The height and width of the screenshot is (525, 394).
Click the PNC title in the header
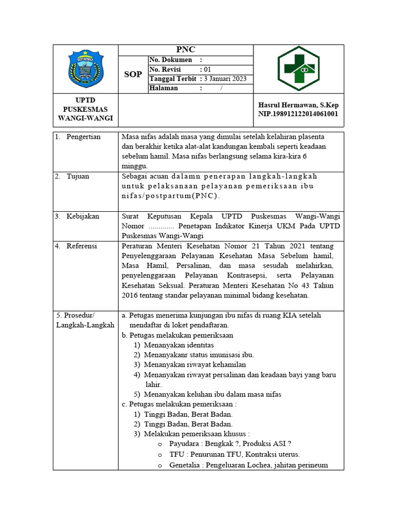tap(185, 50)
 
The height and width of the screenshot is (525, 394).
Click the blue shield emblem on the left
tap(85, 69)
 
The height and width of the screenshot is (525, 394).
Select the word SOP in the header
tap(133, 74)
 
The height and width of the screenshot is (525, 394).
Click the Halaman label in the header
tap(164, 88)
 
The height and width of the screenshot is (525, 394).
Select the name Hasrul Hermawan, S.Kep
tap(298, 105)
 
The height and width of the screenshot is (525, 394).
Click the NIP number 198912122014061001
tap(298, 114)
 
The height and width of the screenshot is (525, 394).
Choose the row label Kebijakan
tap(82, 217)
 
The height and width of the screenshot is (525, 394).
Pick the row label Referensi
tap(82, 246)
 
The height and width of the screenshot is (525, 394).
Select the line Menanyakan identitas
tap(179, 345)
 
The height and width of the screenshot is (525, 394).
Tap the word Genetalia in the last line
tap(187, 466)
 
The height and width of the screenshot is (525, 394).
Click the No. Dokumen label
tap(171, 60)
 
